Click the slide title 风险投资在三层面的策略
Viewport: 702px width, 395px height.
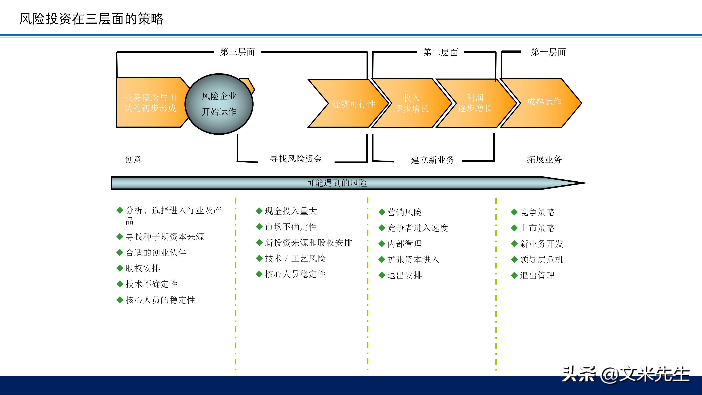coord(91,19)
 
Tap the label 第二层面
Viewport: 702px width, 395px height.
coord(440,52)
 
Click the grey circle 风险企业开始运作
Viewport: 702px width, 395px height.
coord(219,104)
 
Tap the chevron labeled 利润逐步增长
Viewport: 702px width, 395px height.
coord(475,103)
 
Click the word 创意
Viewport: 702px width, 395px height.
coord(133,159)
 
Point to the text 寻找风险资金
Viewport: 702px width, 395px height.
coord(296,159)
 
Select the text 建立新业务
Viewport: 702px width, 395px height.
coord(433,160)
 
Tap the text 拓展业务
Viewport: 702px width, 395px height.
coord(544,159)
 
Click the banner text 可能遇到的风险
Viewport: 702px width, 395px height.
coord(337,183)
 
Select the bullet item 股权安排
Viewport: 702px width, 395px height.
coord(143,268)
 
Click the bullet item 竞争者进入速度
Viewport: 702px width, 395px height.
coord(418,228)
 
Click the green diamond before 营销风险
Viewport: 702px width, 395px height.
coord(382,212)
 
